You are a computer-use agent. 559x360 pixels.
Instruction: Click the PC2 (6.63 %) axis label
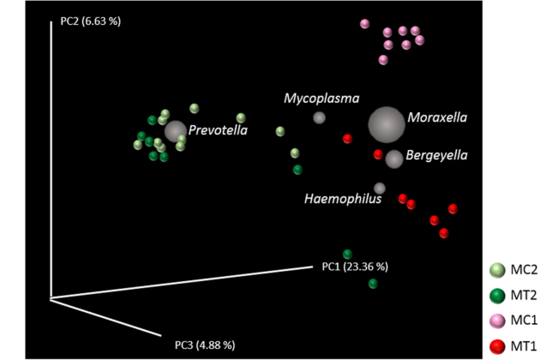[90, 21]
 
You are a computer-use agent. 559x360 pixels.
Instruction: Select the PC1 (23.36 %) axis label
[355, 266]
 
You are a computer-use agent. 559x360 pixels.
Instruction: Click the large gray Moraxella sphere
[386, 125]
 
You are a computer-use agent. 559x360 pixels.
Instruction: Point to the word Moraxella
[437, 117]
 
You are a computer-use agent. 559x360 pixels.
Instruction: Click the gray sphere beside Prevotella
[176, 131]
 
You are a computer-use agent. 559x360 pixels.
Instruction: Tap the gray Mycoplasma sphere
[319, 118]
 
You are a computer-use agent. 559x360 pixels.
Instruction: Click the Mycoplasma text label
[322, 99]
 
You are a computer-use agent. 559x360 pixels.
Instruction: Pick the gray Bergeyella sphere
[394, 159]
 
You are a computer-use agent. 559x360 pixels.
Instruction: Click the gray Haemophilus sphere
[379, 188]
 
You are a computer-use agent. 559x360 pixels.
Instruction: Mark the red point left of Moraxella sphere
[347, 139]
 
